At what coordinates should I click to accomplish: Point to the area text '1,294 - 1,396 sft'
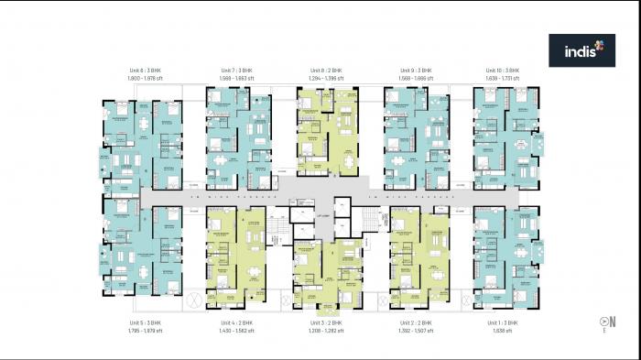click(326, 78)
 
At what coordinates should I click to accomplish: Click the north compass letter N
click(612, 321)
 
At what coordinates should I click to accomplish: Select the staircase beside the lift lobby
click(370, 220)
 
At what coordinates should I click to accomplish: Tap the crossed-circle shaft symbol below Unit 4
click(193, 301)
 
